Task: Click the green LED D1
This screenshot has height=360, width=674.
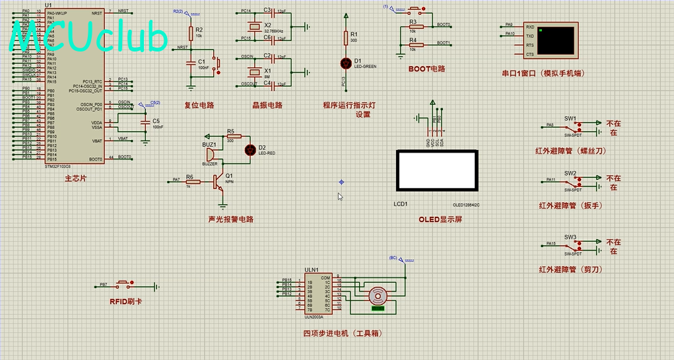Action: [344, 63]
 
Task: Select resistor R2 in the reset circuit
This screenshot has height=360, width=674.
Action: [191, 33]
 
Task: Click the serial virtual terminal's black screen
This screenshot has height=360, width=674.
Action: [556, 40]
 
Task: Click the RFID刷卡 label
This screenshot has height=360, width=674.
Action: [125, 301]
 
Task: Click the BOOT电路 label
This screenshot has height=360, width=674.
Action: [426, 69]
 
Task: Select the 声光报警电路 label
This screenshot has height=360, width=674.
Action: [230, 219]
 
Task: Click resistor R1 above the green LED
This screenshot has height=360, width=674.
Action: [345, 38]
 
